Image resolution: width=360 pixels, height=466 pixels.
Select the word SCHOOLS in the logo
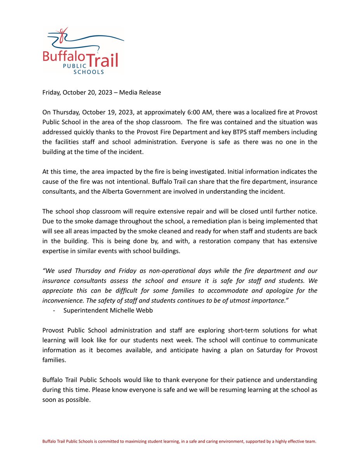[89, 71]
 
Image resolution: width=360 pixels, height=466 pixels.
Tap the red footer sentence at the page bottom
[179, 442]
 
